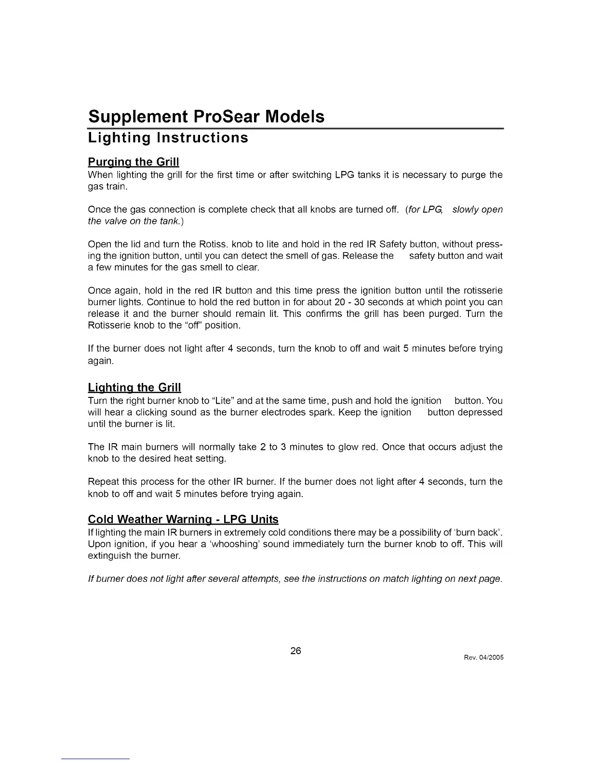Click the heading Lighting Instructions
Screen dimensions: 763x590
(168, 138)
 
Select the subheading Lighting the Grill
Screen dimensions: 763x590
(134, 387)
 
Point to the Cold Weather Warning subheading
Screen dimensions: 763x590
(183, 519)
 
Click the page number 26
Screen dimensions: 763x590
(295, 651)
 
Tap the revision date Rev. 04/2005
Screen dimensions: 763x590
(484, 658)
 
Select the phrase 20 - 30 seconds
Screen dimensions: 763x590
(367, 303)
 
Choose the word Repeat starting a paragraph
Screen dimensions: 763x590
(102, 482)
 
